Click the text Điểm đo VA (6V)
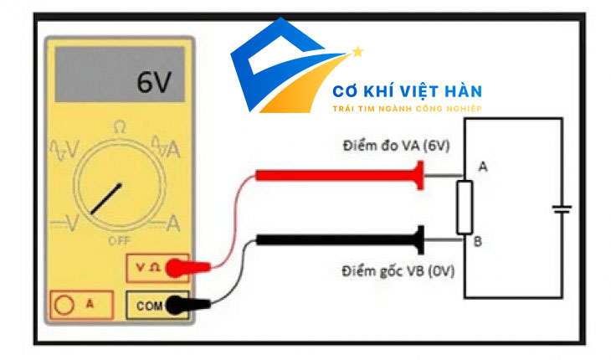395,145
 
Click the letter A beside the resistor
482,167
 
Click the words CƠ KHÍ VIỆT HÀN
407,91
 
